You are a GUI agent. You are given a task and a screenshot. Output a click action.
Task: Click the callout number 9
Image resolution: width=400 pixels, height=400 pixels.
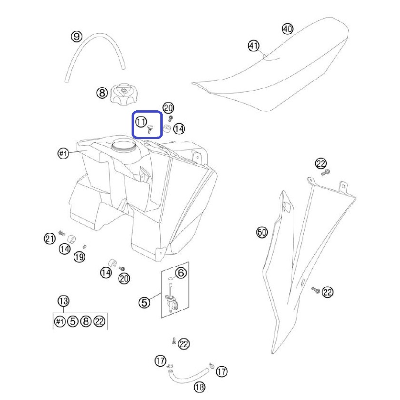pos(77,36)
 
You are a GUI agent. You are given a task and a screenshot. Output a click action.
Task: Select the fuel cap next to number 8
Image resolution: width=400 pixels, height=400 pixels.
pos(124,93)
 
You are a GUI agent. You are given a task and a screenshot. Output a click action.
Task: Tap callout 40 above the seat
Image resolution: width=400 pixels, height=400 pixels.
pos(288,29)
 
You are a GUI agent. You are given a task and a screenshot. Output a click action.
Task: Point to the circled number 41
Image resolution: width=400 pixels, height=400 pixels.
pos(254,46)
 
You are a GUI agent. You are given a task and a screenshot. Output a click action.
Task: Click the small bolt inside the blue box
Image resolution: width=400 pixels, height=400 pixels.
pos(150,129)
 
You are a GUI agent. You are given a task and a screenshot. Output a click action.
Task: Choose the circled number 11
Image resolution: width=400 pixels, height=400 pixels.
pos(141,122)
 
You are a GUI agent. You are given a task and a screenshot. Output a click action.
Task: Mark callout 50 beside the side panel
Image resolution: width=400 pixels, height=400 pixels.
pos(262,232)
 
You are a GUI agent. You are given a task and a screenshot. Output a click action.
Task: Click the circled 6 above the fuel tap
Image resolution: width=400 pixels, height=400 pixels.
pos(181,273)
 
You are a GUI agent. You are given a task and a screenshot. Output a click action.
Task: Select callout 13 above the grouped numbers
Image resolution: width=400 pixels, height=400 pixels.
pos(63,301)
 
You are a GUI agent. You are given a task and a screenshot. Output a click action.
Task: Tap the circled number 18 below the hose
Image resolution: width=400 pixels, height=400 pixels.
pos(199,387)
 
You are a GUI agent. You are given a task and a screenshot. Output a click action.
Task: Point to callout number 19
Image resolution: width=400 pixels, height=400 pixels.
pos(79,257)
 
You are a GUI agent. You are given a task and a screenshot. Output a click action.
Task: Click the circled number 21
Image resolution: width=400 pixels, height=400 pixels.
pos(49,239)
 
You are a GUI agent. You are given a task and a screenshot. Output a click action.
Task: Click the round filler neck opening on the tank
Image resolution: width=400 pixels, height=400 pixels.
pos(123,145)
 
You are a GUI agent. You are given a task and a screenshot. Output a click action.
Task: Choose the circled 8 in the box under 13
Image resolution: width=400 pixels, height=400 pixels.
pos(86,321)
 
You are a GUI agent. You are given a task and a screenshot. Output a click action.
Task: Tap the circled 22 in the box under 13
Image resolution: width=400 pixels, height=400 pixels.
pos(99,321)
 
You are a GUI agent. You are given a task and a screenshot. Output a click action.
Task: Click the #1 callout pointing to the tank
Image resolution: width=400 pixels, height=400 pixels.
pos(63,153)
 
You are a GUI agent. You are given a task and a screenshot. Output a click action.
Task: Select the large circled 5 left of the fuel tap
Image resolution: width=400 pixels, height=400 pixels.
pos(144,303)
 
